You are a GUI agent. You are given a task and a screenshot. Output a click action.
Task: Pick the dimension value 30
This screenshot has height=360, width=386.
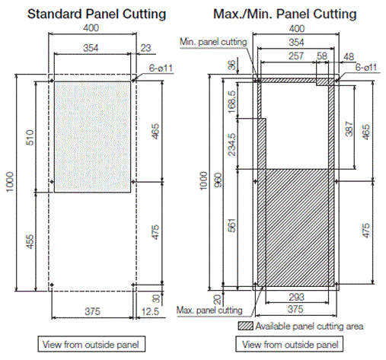[155, 298]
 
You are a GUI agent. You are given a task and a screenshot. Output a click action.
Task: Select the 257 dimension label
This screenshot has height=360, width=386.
[289, 57]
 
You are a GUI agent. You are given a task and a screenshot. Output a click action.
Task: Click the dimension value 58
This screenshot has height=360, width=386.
[323, 57]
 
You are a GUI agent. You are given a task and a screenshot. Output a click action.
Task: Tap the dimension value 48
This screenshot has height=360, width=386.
[349, 57]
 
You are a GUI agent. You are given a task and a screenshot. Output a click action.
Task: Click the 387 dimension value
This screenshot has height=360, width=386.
[348, 130]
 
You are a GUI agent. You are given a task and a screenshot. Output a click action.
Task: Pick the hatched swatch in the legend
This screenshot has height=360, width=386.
[245, 326]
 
